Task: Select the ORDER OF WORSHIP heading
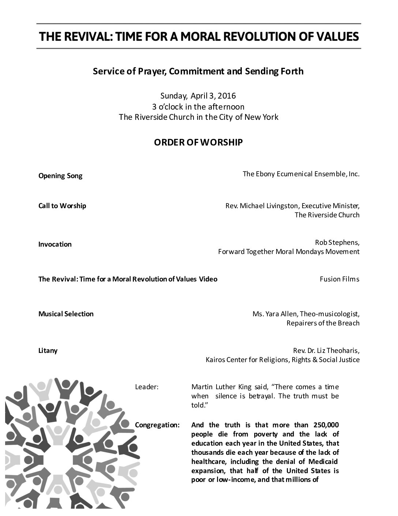[x=198, y=143]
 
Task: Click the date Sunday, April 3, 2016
[x=198, y=96]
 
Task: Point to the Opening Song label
[x=60, y=176]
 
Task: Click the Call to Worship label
[x=62, y=206]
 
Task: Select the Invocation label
[x=55, y=244]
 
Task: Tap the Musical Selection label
[x=66, y=314]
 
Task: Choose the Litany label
[x=48, y=351]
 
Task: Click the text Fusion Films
[x=339, y=279]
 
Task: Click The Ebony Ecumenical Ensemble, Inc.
[x=301, y=174]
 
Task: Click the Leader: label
[x=147, y=387]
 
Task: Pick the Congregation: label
[x=157, y=425]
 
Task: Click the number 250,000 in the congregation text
[x=326, y=425]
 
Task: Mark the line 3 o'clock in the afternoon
[x=198, y=107]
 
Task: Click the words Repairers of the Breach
[x=323, y=323]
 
